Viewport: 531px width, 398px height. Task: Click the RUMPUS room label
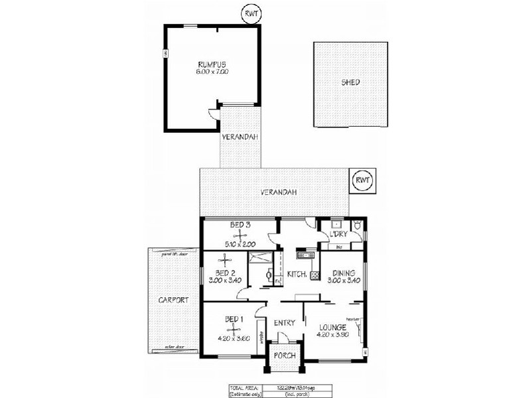coord(212,64)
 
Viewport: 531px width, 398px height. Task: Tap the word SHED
coord(350,82)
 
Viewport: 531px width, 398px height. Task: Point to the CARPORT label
coord(173,300)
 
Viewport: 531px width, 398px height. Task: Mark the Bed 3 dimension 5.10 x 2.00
coord(239,244)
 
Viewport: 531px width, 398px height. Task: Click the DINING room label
coord(343,273)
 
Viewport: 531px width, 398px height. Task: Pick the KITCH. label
coord(296,275)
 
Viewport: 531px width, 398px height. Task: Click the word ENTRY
coord(284,323)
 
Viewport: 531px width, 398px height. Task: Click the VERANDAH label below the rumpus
coord(240,137)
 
